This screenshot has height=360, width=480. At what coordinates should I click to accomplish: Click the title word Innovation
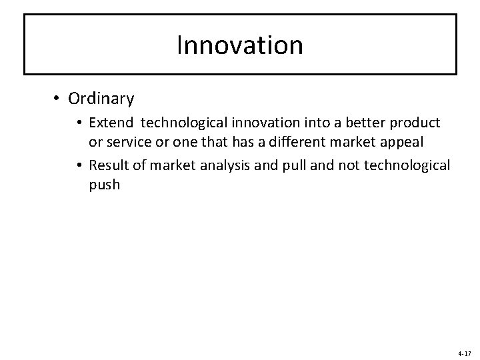pyautogui.click(x=240, y=45)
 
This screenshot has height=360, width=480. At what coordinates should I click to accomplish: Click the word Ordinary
pyautogui.click(x=101, y=99)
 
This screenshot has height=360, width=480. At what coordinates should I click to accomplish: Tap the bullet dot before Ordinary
pyautogui.click(x=57, y=99)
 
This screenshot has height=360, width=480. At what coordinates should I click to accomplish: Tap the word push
pyautogui.click(x=104, y=185)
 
